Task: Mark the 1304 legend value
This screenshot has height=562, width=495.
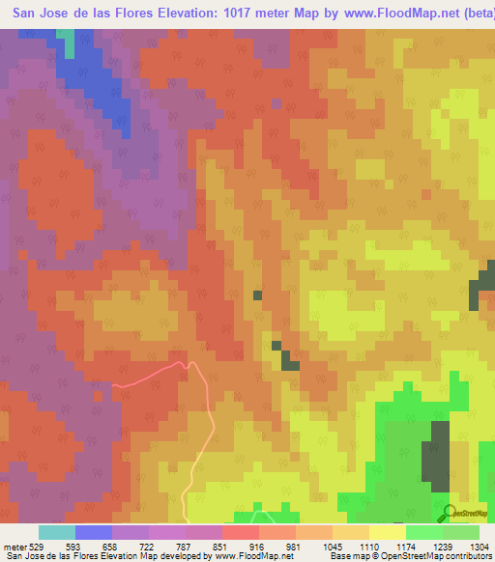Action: coord(478,546)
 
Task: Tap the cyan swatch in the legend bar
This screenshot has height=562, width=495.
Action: coord(57,532)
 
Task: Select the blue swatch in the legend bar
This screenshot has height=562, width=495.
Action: coord(94,532)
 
